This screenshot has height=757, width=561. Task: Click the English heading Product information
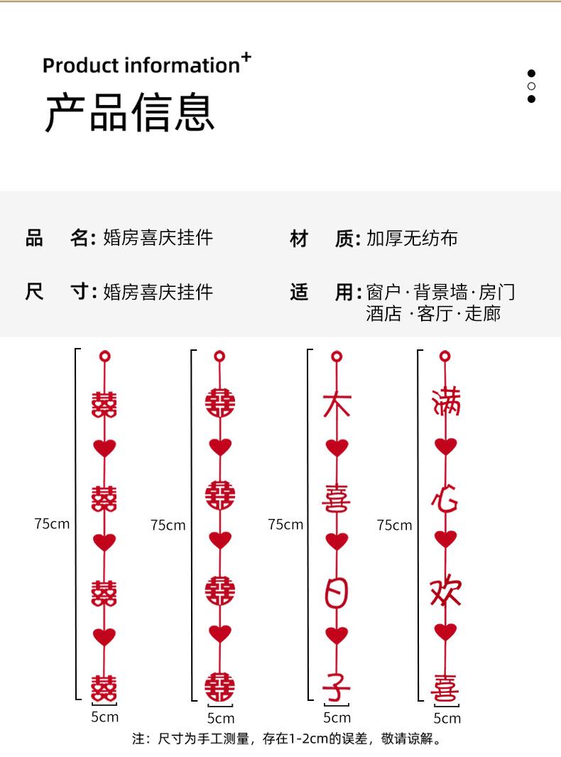(141, 65)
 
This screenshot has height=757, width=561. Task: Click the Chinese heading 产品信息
(129, 112)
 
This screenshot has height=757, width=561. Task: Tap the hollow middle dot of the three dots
(531, 86)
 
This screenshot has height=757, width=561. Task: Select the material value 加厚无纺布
(412, 238)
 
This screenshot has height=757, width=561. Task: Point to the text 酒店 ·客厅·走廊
(433, 313)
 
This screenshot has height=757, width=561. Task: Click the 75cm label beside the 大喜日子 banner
(285, 524)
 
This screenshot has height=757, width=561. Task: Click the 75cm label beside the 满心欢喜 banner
(394, 525)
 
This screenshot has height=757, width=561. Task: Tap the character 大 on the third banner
(337, 404)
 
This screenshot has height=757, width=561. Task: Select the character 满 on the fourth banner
(446, 401)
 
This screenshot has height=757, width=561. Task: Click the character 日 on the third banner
(337, 592)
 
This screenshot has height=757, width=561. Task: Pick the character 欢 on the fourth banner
(446, 592)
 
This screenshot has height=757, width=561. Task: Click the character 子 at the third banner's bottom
(337, 686)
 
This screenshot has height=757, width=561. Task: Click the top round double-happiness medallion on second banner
(220, 403)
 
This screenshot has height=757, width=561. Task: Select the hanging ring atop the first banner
(104, 356)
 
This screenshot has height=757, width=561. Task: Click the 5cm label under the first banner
(104, 717)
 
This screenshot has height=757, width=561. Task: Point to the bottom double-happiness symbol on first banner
(104, 688)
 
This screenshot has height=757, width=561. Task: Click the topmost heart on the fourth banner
(446, 447)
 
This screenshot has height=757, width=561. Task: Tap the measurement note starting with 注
(287, 739)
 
